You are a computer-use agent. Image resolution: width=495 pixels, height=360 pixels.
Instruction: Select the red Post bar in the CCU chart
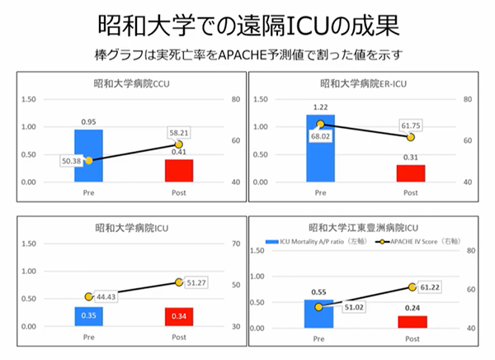click(x=178, y=170)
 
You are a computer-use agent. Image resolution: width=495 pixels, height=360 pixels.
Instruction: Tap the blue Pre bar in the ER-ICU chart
click(x=320, y=149)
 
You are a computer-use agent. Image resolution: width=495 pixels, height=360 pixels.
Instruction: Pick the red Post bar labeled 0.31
click(x=410, y=173)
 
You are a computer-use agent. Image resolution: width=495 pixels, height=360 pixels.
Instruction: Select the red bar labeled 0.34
click(x=178, y=316)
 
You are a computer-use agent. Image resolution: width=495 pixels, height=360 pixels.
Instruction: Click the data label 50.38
click(x=72, y=162)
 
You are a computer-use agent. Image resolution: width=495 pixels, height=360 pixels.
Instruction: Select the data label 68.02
click(x=320, y=137)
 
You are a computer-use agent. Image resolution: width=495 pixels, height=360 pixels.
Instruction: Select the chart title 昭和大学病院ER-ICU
click(x=364, y=83)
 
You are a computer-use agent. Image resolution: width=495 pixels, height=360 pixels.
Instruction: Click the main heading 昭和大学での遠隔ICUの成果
click(x=247, y=24)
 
